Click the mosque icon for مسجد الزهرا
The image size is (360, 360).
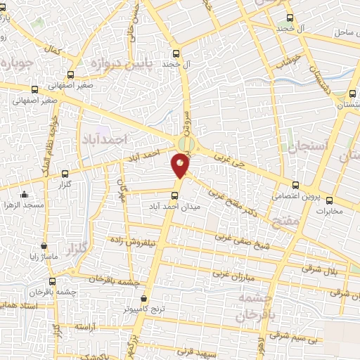click(x=25, y=195)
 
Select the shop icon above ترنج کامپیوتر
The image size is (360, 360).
click(x=144, y=297)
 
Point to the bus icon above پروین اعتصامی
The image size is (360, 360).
click(x=295, y=185)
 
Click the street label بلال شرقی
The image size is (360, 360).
click(x=319, y=266)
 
